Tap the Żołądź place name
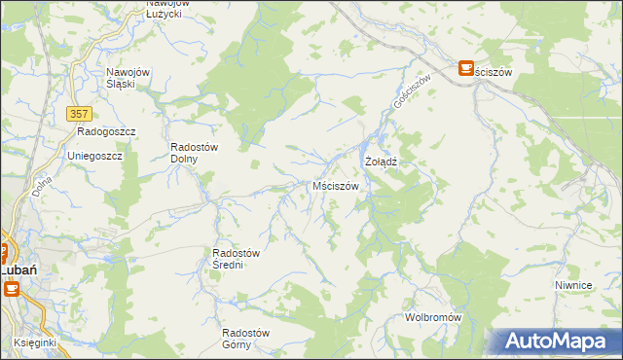[383, 161]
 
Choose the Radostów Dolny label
[193, 153]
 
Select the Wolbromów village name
[433, 318]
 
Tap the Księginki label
[34, 343]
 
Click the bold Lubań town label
[18, 270]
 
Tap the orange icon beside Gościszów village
[465, 67]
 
